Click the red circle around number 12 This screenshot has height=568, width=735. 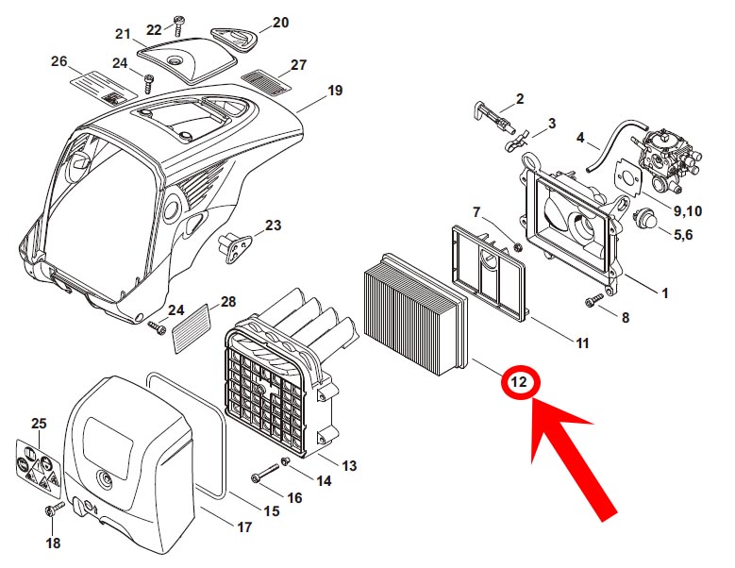coord(519,384)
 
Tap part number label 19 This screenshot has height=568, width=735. coord(335,92)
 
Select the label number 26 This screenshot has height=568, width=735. coord(59,61)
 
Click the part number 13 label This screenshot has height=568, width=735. coord(348,466)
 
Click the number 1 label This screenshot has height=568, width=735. coord(664,293)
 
